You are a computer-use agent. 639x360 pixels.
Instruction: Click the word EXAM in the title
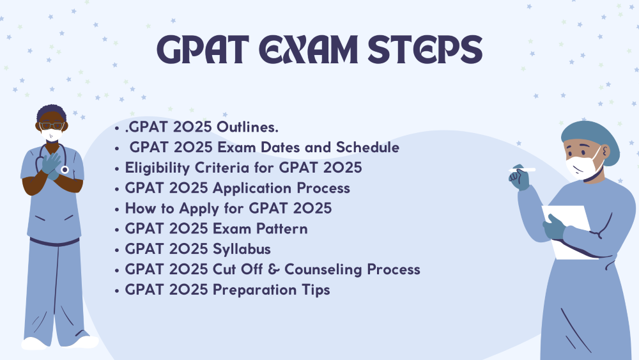click(x=308, y=50)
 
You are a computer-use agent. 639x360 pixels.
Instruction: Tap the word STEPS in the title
click(x=425, y=50)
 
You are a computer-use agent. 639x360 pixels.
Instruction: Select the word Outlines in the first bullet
click(x=247, y=127)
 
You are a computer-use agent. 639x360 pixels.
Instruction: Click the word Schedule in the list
click(x=367, y=147)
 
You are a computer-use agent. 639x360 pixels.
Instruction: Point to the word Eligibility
click(x=157, y=168)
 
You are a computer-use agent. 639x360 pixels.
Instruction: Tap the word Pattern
click(x=282, y=229)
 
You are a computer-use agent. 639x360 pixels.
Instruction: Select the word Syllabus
click(x=242, y=249)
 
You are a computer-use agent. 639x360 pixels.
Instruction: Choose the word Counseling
click(x=323, y=270)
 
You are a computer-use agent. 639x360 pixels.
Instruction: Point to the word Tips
click(x=316, y=290)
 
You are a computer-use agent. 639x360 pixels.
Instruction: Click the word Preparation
click(x=255, y=290)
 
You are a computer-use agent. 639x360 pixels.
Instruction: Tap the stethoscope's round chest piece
click(x=65, y=169)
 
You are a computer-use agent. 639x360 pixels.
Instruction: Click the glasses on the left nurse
click(x=51, y=126)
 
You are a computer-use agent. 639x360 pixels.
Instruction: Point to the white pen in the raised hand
click(x=522, y=169)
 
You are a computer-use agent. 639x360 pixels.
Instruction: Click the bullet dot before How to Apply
click(x=117, y=209)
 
